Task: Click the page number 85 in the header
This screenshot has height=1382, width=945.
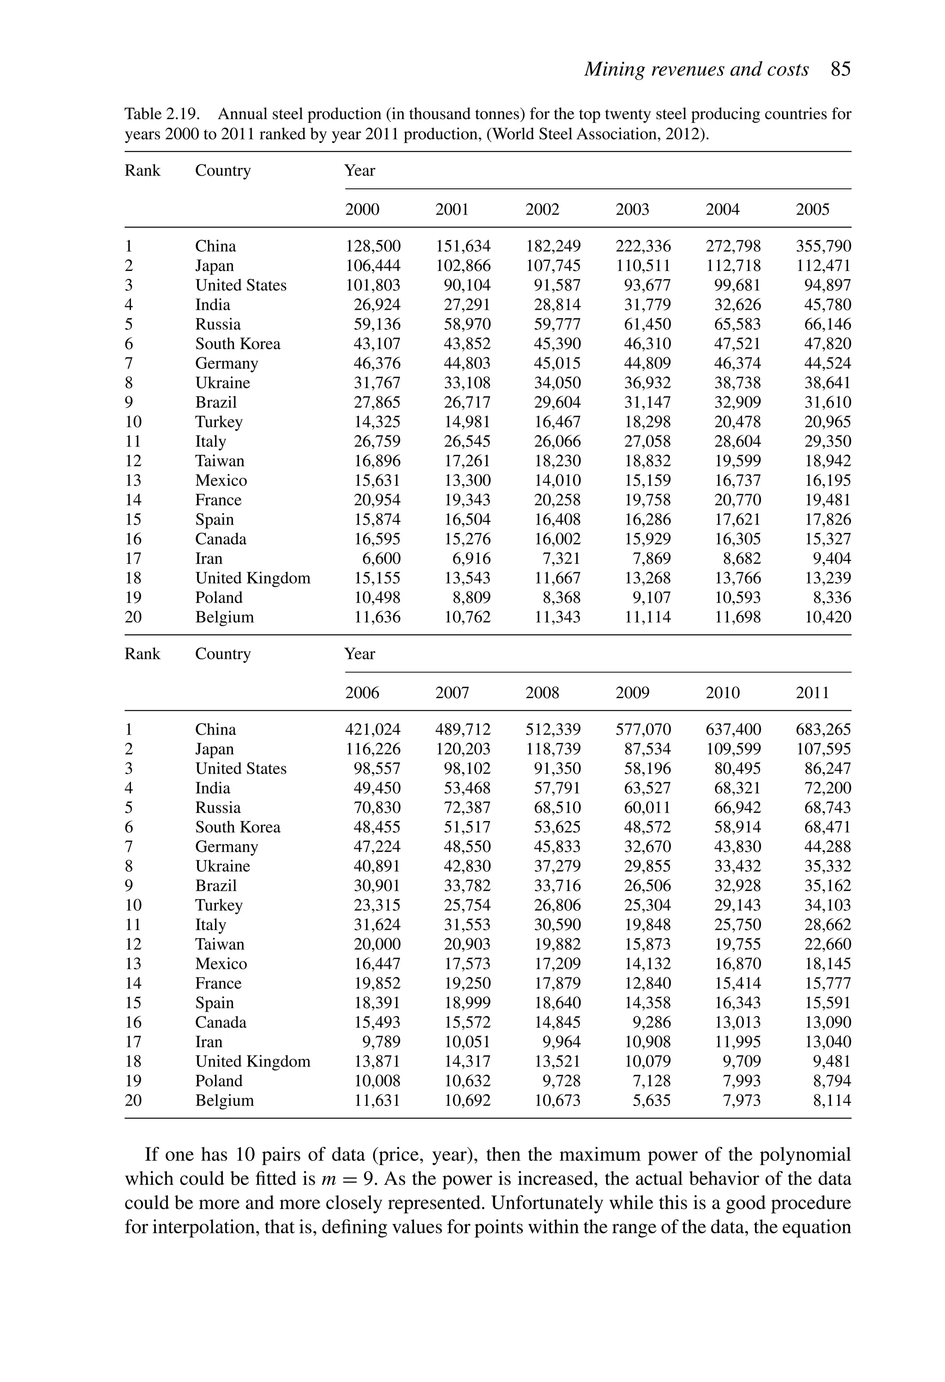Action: tap(840, 70)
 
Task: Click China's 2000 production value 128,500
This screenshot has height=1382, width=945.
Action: tap(373, 246)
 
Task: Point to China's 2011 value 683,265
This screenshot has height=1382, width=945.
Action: tap(823, 730)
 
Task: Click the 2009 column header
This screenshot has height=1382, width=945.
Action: tap(632, 693)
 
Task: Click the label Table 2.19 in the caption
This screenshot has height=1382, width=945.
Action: tap(161, 114)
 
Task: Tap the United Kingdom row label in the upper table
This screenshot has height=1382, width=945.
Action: tap(252, 578)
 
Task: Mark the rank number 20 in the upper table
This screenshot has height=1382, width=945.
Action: tap(133, 617)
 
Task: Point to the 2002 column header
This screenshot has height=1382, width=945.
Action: tap(542, 209)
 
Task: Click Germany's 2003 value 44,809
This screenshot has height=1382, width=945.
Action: tap(647, 363)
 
